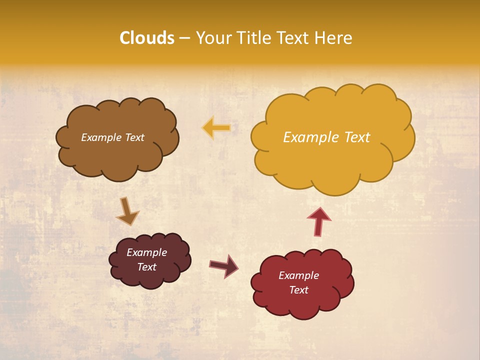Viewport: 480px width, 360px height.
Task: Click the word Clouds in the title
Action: click(147, 38)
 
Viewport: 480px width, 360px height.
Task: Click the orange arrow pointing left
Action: click(216, 128)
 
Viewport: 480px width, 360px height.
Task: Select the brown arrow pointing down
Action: click(127, 211)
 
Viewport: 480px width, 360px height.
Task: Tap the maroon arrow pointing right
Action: click(224, 265)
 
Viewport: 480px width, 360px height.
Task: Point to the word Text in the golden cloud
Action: click(357, 137)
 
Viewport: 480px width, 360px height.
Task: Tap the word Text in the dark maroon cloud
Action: click(147, 267)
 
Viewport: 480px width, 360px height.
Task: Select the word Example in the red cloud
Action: click(299, 275)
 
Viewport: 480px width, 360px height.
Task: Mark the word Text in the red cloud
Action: click(299, 290)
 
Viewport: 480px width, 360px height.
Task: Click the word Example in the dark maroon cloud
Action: click(147, 252)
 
